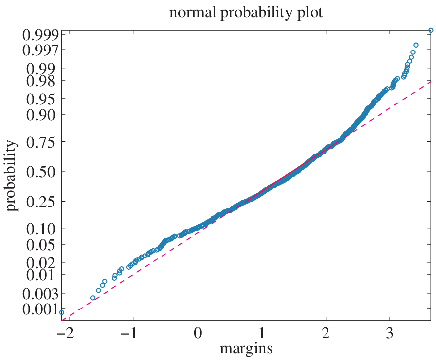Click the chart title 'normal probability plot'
point(246,13)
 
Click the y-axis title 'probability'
point(11,176)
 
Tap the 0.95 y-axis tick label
point(41,100)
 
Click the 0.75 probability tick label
point(41,143)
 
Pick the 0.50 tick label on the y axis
point(41,172)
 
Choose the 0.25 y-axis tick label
point(41,202)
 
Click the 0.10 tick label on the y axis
point(41,229)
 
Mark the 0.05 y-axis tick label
point(41,245)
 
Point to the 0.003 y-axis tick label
point(40,294)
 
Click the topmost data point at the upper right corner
point(431,30)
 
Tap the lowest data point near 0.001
point(62,312)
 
